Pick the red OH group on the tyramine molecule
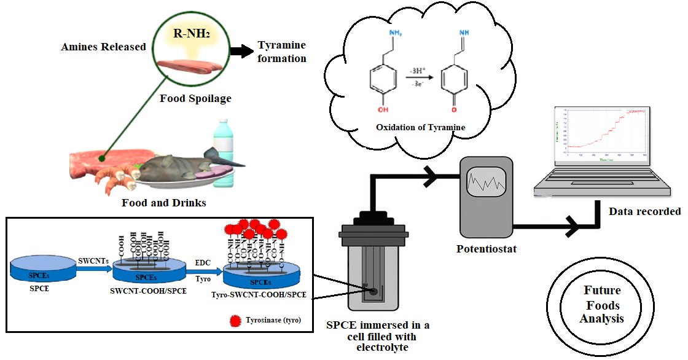point(383,111)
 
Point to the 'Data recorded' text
point(644,211)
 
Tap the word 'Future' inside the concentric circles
point(601,290)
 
